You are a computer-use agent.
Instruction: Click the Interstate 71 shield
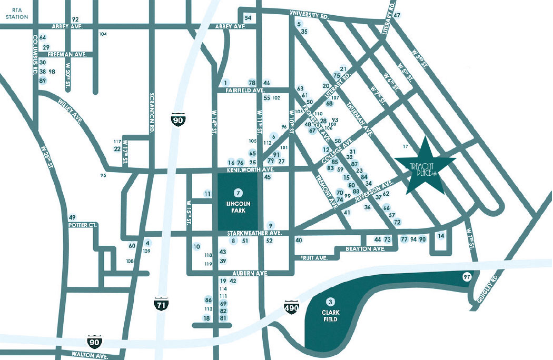point(161,304)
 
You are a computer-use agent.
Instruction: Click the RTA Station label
point(16,14)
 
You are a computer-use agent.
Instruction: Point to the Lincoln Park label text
point(239,207)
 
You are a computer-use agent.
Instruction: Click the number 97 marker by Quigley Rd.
point(466,277)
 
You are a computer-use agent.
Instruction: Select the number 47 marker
point(397,15)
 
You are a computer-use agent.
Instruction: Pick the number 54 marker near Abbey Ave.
point(248,18)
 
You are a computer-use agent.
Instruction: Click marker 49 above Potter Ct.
point(72,217)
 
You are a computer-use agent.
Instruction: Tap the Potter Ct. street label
point(83,225)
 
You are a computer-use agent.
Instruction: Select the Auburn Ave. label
point(251,274)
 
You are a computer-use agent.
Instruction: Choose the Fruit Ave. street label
point(314,258)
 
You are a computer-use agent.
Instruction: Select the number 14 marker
point(441,235)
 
